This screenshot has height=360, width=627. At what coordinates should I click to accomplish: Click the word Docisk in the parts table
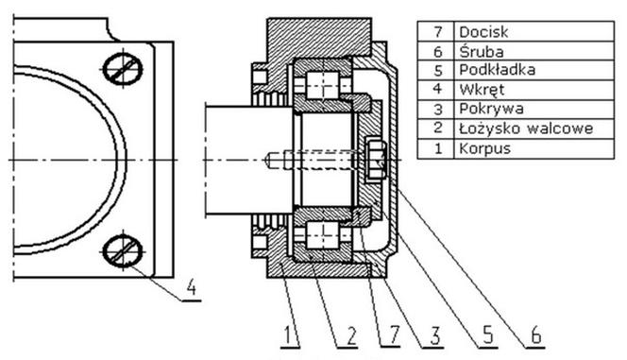[x=483, y=31]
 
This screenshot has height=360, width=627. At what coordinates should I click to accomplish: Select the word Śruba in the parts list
[x=481, y=51]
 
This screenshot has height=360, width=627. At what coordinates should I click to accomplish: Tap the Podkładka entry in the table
[x=497, y=70]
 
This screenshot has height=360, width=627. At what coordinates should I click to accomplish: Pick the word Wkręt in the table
[x=482, y=90]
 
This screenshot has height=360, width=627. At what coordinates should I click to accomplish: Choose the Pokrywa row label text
[x=491, y=109]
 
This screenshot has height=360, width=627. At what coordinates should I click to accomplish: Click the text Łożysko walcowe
[x=526, y=129]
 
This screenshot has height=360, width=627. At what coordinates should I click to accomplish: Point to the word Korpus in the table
[x=485, y=148]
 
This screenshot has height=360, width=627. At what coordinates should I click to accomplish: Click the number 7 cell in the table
[x=437, y=31]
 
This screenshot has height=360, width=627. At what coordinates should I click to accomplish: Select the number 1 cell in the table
[x=437, y=148]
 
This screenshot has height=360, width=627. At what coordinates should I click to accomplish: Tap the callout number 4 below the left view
[x=192, y=287]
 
